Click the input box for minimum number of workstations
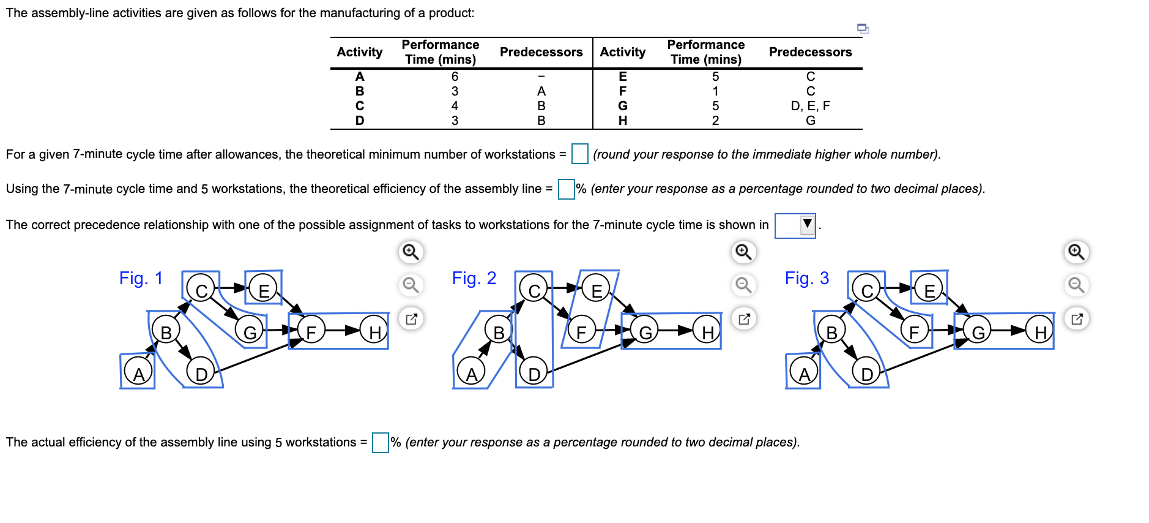tap(579, 154)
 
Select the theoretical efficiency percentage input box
tap(566, 189)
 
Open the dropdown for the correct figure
tap(795, 225)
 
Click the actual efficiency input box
tap(380, 442)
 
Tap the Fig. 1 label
tap(141, 279)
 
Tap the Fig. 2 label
tap(474, 279)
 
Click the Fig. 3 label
tap(806, 279)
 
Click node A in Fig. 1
tap(138, 372)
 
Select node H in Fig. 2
tap(707, 332)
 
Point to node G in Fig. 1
tap(250, 332)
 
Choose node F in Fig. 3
tap(914, 332)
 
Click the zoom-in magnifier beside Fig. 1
tap(411, 252)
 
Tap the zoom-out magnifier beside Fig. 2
tap(744, 285)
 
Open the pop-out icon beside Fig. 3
tap(1077, 318)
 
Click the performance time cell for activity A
tap(455, 77)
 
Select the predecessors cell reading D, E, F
tap(810, 106)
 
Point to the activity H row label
tap(622, 121)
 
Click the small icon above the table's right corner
tap(863, 28)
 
